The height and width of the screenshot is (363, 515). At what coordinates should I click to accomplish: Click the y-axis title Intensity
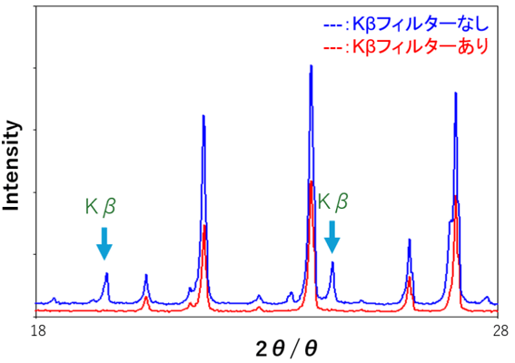coord(12,166)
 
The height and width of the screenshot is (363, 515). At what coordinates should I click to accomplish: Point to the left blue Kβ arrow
coord(104,243)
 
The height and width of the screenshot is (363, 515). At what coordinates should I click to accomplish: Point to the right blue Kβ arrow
coord(332,237)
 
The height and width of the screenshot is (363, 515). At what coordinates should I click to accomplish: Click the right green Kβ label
coord(332,201)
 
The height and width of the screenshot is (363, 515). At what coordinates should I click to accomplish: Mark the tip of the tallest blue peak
coord(312,66)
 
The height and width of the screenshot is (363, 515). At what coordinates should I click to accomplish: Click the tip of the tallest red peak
coord(311,182)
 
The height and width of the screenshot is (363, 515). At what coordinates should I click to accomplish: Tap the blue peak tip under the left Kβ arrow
coord(106,273)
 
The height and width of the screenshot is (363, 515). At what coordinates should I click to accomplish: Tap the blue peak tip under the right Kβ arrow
coord(332,263)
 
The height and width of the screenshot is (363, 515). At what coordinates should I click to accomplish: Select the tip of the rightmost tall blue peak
coord(455,93)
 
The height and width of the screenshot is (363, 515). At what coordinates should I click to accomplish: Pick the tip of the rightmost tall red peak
coord(456,196)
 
